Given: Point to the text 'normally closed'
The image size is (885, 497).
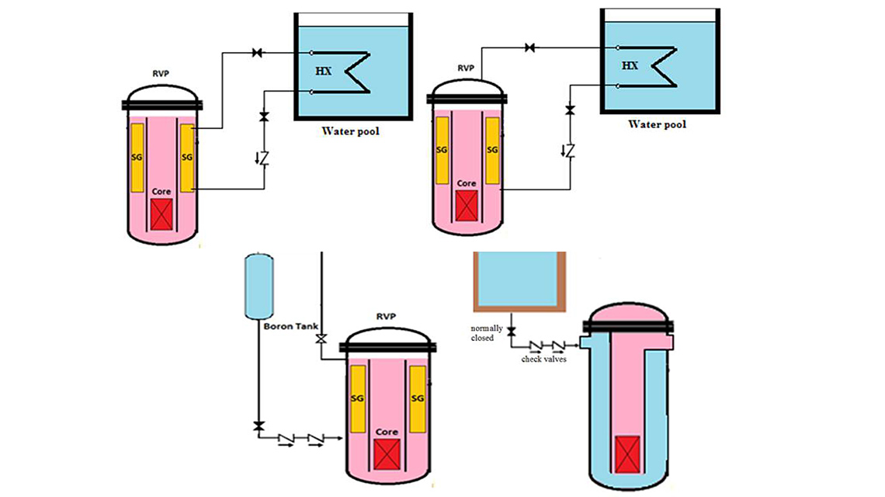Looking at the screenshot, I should coord(487,333).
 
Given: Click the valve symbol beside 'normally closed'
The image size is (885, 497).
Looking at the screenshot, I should coord(512,332).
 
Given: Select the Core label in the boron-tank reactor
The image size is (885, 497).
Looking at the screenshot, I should coord(387,432).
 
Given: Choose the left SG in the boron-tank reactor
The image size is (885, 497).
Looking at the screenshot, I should coord(359,398).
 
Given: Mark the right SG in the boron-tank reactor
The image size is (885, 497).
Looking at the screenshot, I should coord(418,398).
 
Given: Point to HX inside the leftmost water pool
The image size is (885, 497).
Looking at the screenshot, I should coord(324,70).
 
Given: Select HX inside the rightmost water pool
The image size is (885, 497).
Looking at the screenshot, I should coord(630,65).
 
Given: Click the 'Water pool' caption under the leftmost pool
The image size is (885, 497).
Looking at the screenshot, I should coord(351,131).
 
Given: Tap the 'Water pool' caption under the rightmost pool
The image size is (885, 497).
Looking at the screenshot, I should coord(657,124).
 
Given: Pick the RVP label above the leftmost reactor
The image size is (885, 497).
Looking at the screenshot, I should coord(162,75).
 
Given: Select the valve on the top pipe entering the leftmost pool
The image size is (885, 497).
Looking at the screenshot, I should coord(256,53).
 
